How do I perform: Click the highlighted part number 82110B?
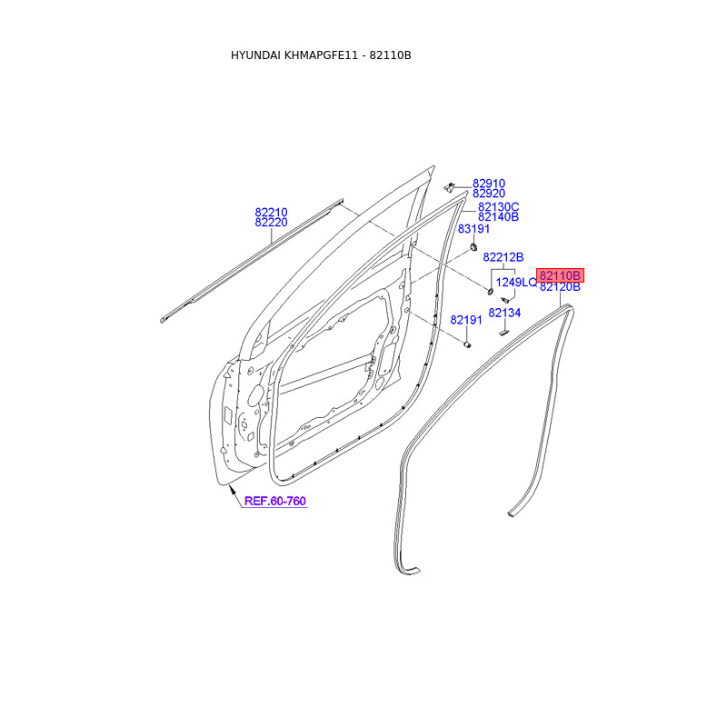pos(560,275)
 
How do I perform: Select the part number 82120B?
pos(560,287)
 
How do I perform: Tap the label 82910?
pos(489,184)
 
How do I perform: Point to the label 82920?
pos(489,194)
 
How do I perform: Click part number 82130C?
pos(498,207)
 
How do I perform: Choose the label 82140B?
pos(498,217)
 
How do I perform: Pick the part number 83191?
pos(473,229)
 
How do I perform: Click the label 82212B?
pos(503,257)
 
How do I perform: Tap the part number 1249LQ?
pos(516,282)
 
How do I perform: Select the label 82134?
pos(504,313)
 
